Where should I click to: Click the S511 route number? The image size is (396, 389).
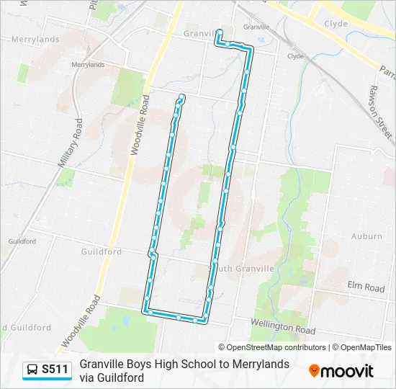tap(55, 370)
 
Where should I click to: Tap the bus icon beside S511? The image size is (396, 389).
tap(32, 370)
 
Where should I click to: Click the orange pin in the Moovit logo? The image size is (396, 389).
tap(314, 370)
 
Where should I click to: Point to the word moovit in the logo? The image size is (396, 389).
tap(348, 371)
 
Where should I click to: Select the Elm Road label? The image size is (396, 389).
tap(366, 287)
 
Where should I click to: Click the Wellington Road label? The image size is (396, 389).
tap(283, 327)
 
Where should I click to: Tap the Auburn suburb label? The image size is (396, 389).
tap(366, 236)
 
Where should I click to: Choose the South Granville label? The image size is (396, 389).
tap(241, 268)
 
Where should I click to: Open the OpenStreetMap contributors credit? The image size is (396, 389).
tap(272, 347)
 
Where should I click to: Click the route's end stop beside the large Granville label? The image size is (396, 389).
tap(219, 32)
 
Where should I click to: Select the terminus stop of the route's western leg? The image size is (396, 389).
tap(181, 97)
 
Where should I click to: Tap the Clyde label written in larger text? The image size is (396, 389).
tap(336, 24)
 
